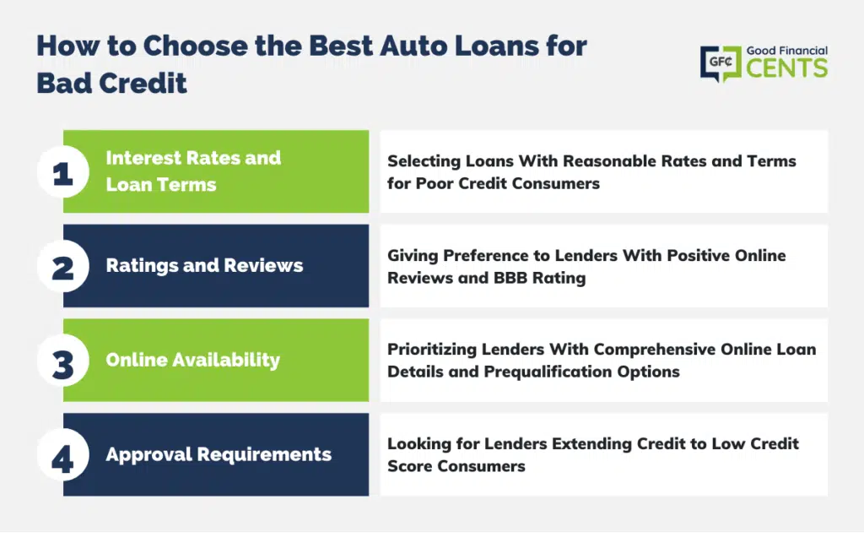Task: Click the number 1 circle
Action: pos(63,172)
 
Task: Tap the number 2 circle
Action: pos(63,266)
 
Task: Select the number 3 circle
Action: pos(63,361)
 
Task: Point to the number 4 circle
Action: pos(63,455)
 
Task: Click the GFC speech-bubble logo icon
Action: pos(721,63)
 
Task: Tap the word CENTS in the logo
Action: pos(787,68)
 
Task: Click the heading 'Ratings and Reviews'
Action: pos(204,266)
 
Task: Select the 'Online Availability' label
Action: pos(193,361)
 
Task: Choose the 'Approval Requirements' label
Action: pos(219,455)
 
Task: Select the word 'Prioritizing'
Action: pos(432,350)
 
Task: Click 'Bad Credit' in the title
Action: pos(112,84)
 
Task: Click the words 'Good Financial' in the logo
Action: pos(787,51)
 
